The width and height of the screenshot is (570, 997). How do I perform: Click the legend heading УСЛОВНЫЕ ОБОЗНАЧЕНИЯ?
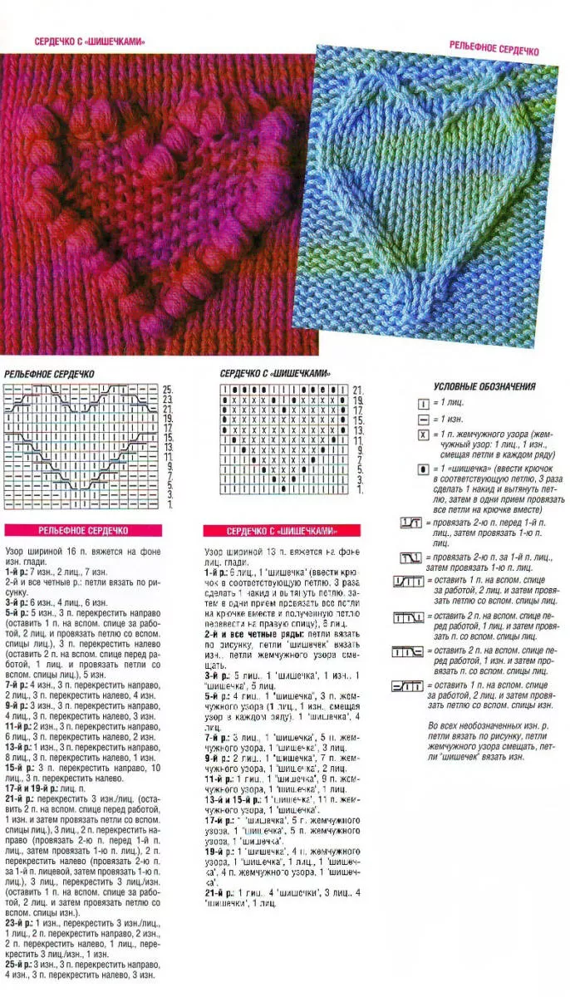[484, 386]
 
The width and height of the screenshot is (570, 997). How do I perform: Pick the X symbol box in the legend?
[424, 435]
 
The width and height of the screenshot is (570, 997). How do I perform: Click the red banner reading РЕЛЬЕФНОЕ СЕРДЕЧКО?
[82, 530]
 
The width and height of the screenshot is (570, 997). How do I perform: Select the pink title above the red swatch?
[91, 41]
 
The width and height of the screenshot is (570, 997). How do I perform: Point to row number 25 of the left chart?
[167, 389]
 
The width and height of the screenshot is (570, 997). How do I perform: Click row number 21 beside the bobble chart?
[357, 389]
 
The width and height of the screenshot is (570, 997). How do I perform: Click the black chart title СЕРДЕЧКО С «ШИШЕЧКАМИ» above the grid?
[275, 374]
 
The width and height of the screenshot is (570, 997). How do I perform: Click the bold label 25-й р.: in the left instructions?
[21, 964]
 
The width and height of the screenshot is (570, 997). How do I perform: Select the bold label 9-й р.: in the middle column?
[219, 758]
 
